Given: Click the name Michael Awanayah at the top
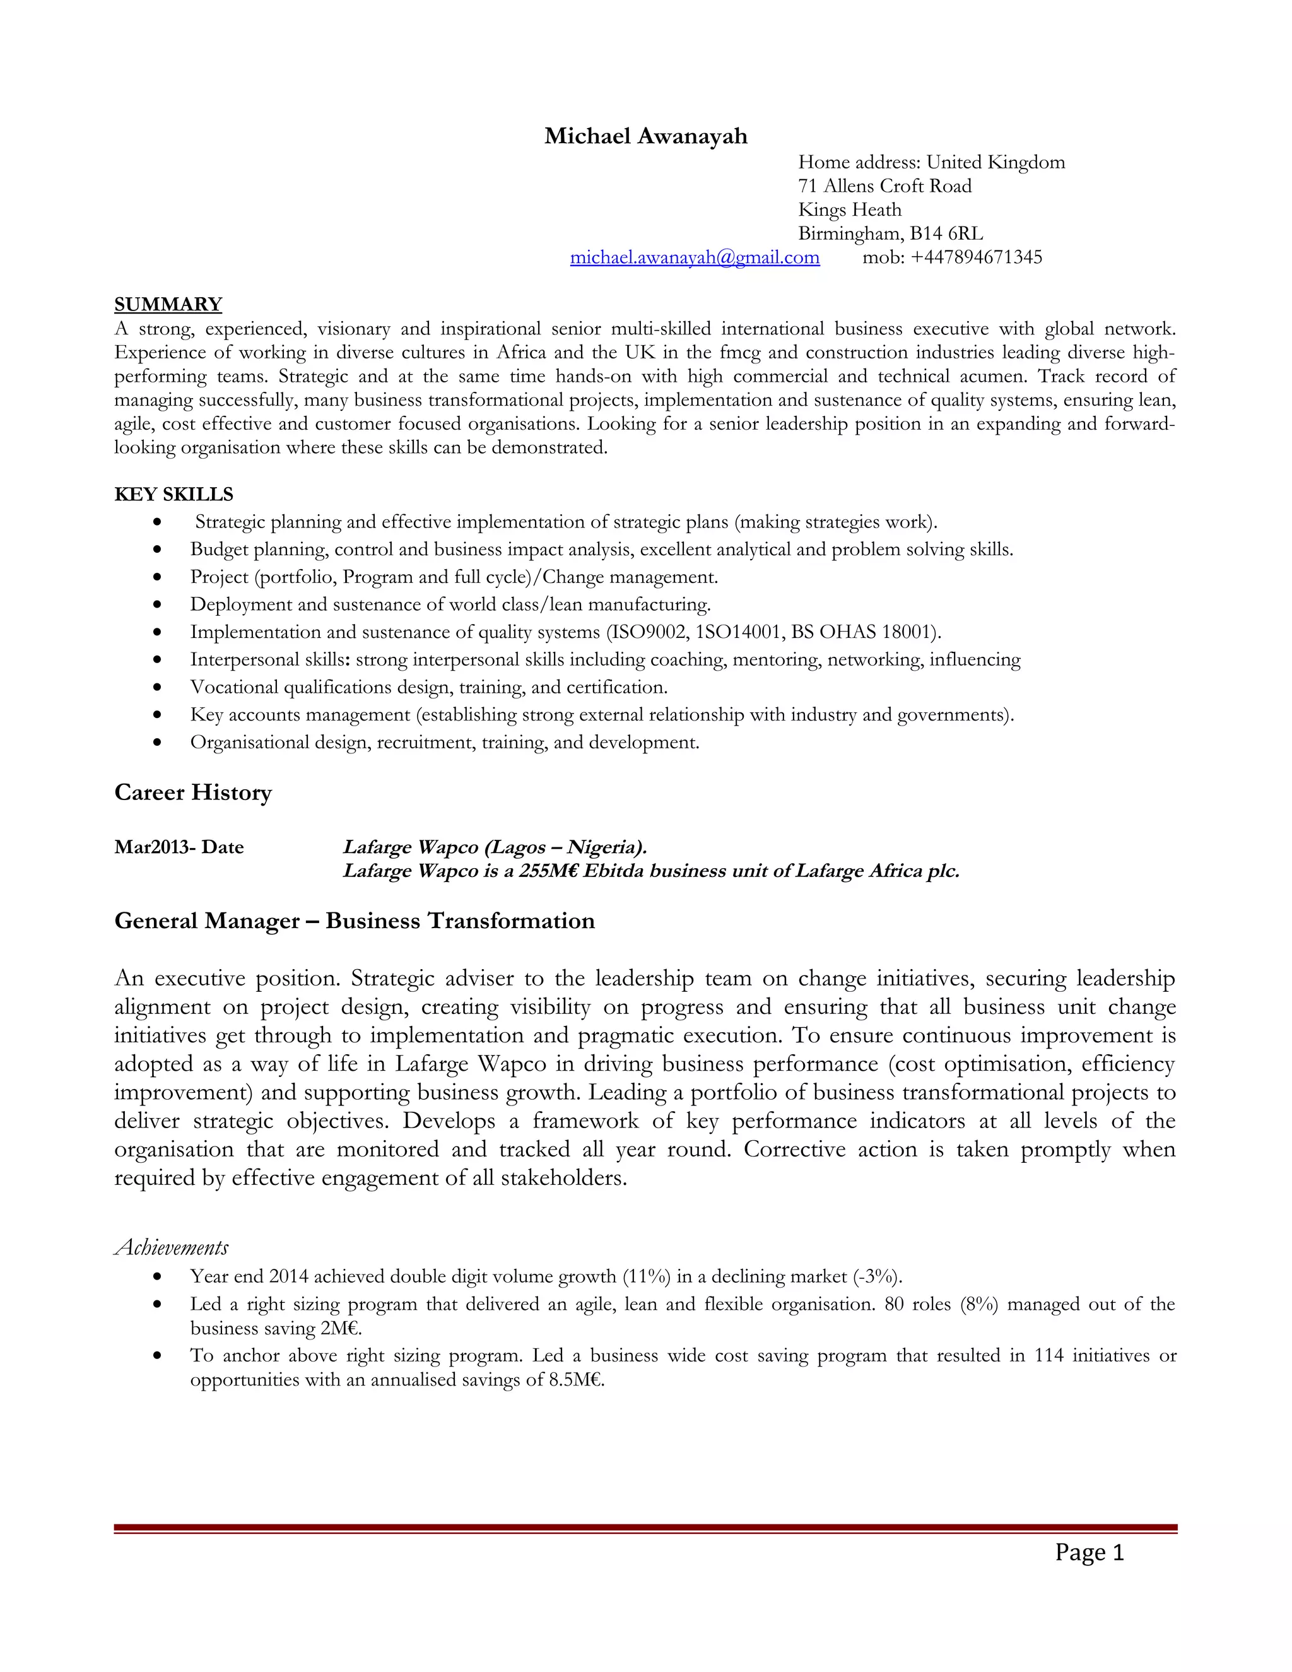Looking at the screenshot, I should (645, 136).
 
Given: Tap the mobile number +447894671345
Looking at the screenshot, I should (976, 257).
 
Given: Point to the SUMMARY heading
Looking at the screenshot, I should (168, 305).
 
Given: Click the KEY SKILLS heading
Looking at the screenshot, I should (173, 495).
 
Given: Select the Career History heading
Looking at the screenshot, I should (193, 792).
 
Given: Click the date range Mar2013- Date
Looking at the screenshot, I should (179, 847).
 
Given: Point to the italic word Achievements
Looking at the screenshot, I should (172, 1247).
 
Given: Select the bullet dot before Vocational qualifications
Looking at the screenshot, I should (158, 688).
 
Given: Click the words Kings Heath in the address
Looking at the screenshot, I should (849, 209).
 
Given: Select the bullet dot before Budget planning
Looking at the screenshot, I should (158, 550).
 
